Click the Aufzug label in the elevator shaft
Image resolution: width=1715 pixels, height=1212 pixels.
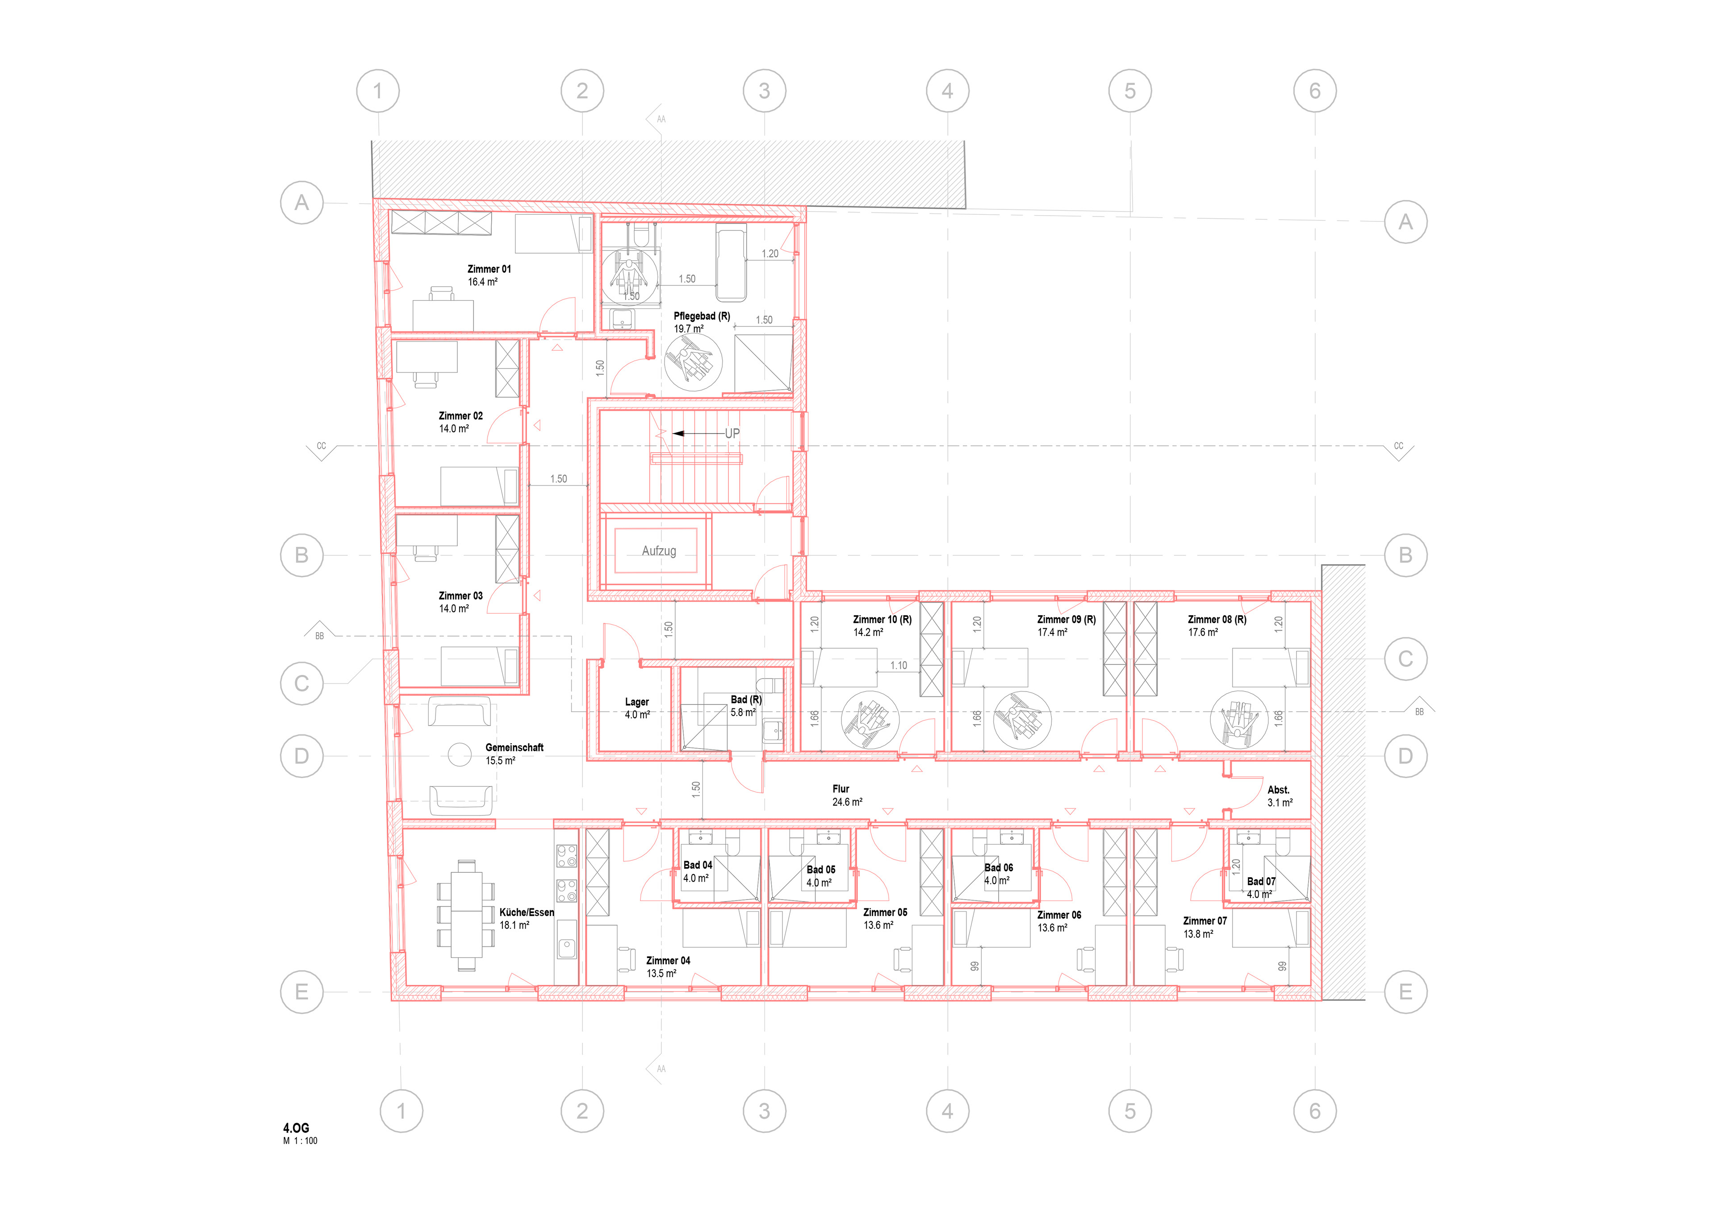(x=659, y=551)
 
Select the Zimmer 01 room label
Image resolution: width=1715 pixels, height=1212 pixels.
(x=489, y=269)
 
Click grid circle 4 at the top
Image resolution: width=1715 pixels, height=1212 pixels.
(x=947, y=91)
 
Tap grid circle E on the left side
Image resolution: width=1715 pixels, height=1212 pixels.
(x=302, y=992)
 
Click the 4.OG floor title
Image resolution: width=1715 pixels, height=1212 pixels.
(x=296, y=1128)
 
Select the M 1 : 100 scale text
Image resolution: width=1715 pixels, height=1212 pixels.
(x=300, y=1141)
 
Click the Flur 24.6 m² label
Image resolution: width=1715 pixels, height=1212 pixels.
(x=847, y=796)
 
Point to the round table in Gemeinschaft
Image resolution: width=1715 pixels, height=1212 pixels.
(x=460, y=755)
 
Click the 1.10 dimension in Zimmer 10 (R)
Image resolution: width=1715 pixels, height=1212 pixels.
(x=899, y=665)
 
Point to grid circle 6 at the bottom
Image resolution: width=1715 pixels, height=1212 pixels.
(x=1315, y=1111)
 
